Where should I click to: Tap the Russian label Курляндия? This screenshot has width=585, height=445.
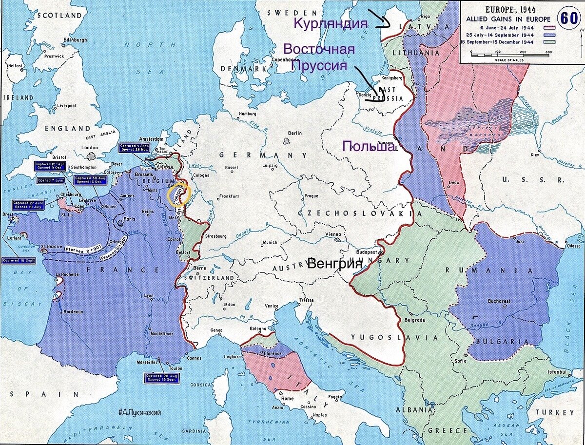[330, 23]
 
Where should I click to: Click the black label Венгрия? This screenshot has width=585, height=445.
[335, 264]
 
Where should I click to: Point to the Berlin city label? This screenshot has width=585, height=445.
[294, 133]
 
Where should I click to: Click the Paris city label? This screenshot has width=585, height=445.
[129, 219]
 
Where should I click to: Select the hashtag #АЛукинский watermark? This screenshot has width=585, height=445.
[139, 412]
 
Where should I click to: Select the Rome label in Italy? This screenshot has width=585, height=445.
[287, 398]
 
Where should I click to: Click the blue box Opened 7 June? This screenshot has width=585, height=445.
[50, 180]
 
